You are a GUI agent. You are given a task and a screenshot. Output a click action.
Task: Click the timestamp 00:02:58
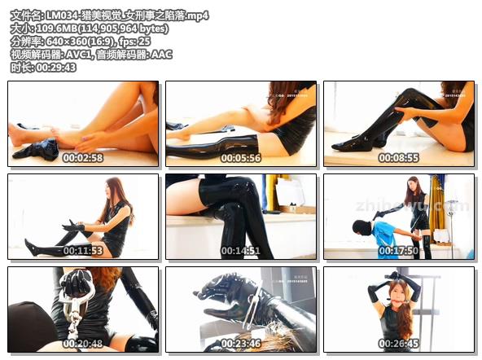[x=83, y=158]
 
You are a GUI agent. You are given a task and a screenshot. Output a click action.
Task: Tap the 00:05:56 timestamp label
[x=241, y=158]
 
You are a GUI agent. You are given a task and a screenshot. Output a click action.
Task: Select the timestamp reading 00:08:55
[x=399, y=158]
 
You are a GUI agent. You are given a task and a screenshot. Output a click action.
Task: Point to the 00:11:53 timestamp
[x=83, y=251]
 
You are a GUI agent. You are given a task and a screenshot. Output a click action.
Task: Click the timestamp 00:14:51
[x=241, y=251]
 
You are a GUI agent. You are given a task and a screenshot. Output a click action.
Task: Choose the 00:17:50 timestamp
[x=399, y=251]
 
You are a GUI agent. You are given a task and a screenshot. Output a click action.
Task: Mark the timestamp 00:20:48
[x=83, y=344]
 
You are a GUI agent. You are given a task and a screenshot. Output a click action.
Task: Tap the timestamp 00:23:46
[x=241, y=344]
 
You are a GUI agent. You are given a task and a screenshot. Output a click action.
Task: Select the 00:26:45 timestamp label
[x=399, y=344]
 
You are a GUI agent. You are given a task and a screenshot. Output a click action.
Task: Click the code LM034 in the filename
[x=63, y=15]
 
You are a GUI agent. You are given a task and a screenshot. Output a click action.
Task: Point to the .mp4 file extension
[x=195, y=15]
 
